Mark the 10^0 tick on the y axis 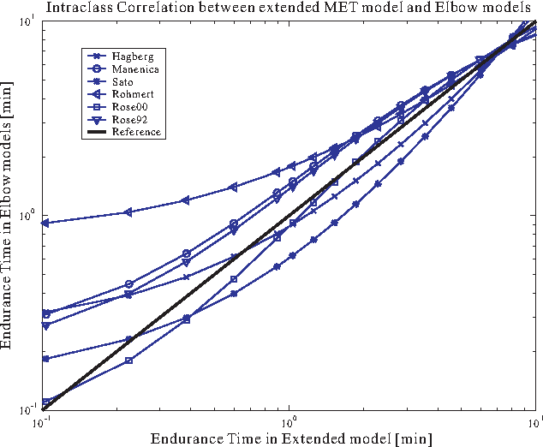click(28, 215)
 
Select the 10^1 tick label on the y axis click(28, 20)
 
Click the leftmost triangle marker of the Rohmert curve click(45, 223)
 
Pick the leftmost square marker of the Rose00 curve click(45, 402)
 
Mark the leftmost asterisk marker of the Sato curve click(45, 359)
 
